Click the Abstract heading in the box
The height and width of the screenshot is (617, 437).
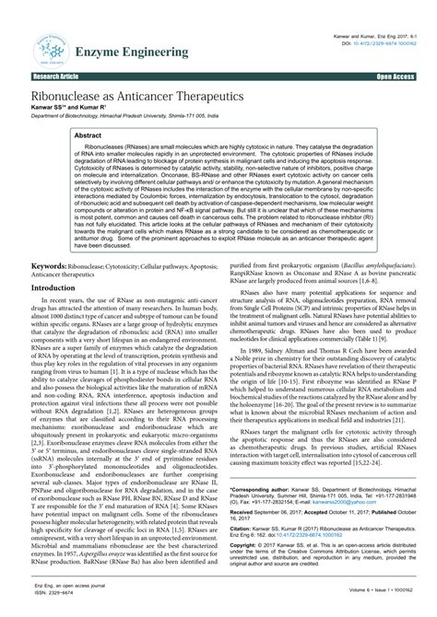pos(91,134)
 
